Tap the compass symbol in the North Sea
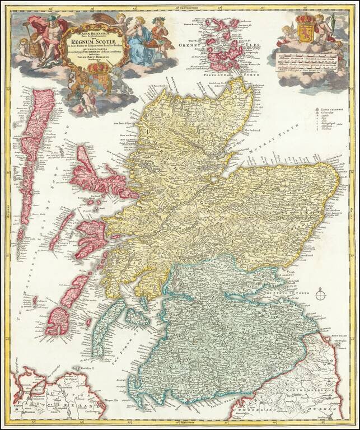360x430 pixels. click(320, 293)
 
